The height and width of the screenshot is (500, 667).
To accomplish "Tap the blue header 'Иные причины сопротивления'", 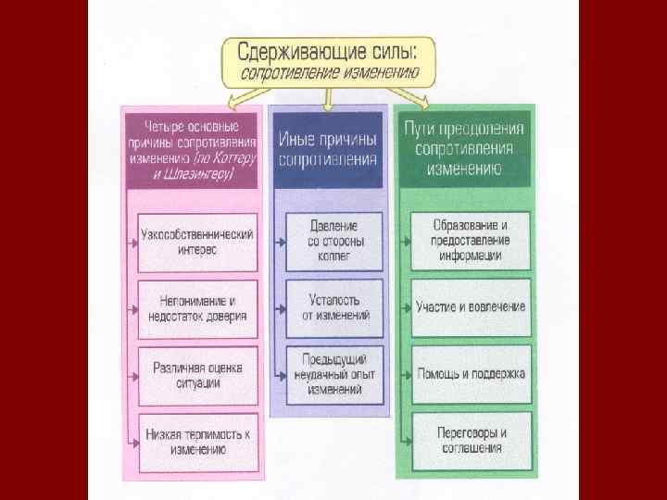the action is pyautogui.click(x=327, y=148).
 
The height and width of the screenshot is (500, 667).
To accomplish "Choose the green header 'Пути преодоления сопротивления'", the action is pyautogui.click(x=464, y=148).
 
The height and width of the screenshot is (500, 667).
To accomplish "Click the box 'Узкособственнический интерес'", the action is pyautogui.click(x=197, y=243).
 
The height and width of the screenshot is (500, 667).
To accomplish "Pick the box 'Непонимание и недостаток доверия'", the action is pyautogui.click(x=197, y=308).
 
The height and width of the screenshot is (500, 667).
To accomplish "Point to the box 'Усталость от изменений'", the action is pyautogui.click(x=333, y=308).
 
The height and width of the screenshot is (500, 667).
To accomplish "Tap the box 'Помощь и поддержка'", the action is pyautogui.click(x=471, y=374).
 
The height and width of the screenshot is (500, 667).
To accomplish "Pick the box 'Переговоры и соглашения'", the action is pyautogui.click(x=471, y=441).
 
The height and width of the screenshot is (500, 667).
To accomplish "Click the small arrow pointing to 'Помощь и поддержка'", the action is pyautogui.click(x=406, y=375).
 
